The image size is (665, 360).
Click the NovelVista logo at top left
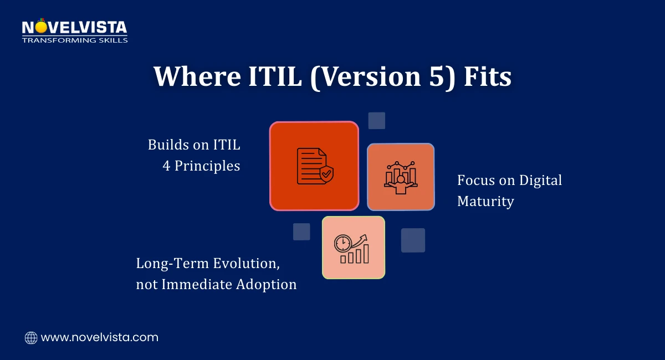pyautogui.click(x=74, y=28)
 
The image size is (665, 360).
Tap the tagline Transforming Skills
pyautogui.click(x=74, y=40)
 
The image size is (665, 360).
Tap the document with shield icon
pyautogui.click(x=314, y=166)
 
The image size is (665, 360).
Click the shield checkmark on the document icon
pyautogui.click(x=326, y=175)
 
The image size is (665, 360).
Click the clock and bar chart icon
pyautogui.click(x=354, y=248)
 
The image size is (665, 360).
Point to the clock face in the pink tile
pyautogui.click(x=342, y=243)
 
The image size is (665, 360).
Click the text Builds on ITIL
pyautogui.click(x=194, y=145)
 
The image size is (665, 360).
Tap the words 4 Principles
pyautogui.click(x=201, y=166)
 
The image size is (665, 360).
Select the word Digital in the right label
pyautogui.click(x=540, y=180)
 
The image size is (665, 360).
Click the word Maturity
pyautogui.click(x=485, y=200)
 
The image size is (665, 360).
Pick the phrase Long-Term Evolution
pyautogui.click(x=206, y=264)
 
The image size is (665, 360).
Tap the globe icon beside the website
pyautogui.click(x=31, y=337)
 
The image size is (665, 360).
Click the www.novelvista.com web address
pyautogui.click(x=100, y=337)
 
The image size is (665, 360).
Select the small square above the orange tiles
pyautogui.click(x=377, y=121)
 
